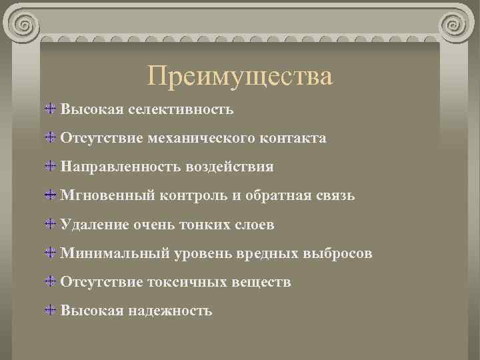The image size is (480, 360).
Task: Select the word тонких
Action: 206,225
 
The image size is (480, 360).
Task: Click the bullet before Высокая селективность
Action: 51,108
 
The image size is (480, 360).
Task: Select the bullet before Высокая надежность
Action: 51,311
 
